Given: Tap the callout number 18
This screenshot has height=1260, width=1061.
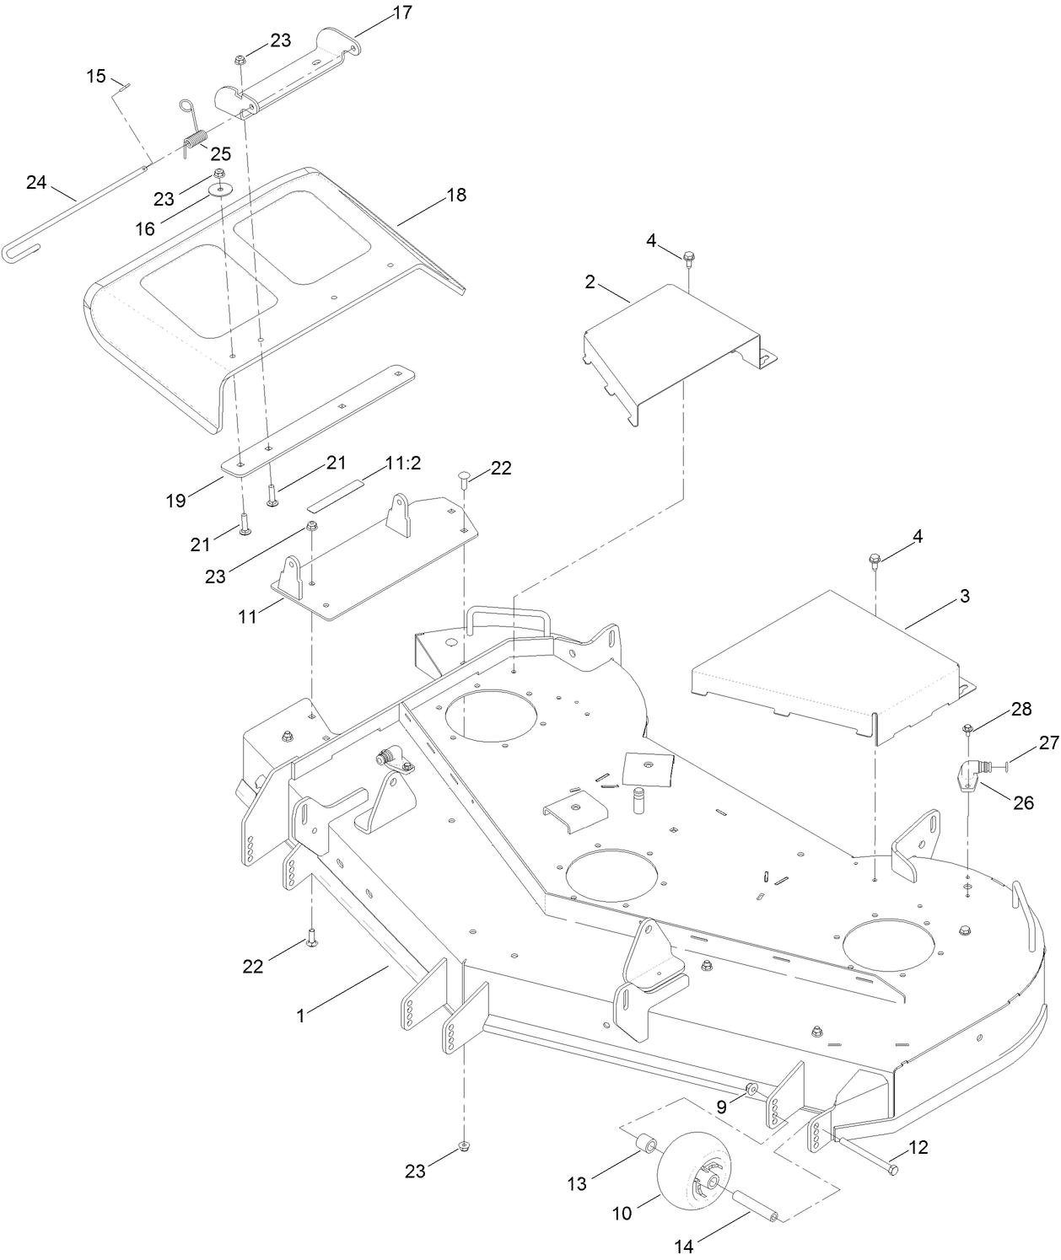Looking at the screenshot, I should pyautogui.click(x=456, y=195).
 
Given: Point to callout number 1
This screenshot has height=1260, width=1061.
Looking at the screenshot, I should pyautogui.click(x=300, y=1016).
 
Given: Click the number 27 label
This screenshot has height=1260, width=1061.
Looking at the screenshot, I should pyautogui.click(x=1048, y=743).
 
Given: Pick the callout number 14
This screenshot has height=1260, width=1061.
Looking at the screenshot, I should pyautogui.click(x=685, y=1247).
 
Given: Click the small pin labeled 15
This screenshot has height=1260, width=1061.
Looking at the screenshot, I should pyautogui.click(x=122, y=86).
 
